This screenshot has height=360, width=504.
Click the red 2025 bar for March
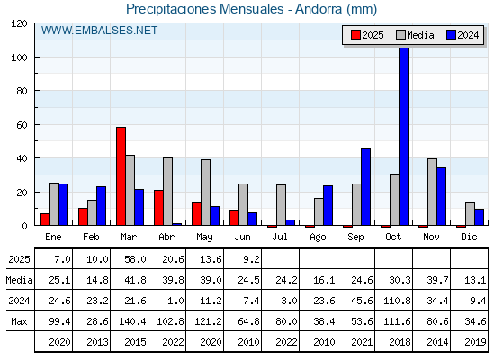[x=121, y=176]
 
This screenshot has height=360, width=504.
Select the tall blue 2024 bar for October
[x=404, y=136]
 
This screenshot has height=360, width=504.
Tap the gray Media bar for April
[x=167, y=192]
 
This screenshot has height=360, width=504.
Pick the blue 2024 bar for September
[x=365, y=187]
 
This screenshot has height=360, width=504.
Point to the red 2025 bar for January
[x=45, y=220]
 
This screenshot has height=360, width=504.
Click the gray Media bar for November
[x=432, y=192]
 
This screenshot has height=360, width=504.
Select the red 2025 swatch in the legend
[x=355, y=35]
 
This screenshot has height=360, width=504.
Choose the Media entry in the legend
[x=415, y=35]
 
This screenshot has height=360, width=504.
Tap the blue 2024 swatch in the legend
[x=451, y=35]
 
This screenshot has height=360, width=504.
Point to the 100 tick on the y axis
[x=36, y=58]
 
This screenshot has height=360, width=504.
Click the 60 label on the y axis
[x=22, y=125]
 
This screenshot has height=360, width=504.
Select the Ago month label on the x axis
[x=318, y=238]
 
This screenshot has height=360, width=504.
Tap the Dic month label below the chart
[x=469, y=237]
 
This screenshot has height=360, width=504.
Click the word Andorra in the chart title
[x=319, y=9]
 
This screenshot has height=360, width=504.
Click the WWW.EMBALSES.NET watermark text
[x=99, y=31]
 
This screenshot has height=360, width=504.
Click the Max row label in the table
[x=19, y=321]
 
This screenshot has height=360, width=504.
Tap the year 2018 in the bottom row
[x=400, y=342]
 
